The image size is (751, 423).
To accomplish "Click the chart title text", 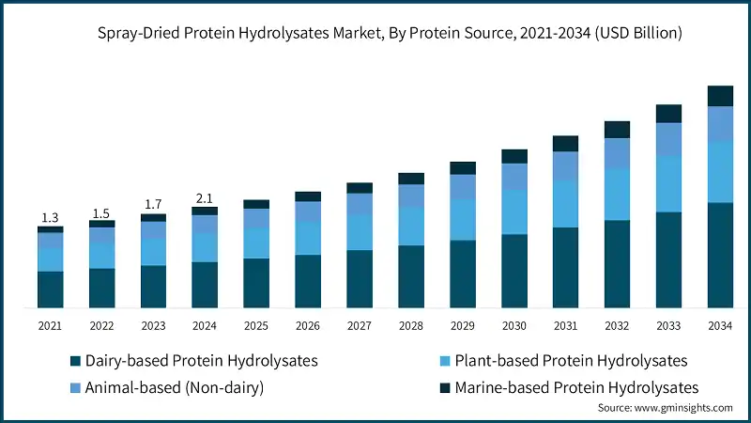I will [x=375, y=33].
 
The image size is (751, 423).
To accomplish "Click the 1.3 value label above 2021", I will [x=50, y=217].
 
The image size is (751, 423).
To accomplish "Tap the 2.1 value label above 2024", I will [x=205, y=197].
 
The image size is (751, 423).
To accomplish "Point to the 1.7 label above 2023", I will [x=153, y=204].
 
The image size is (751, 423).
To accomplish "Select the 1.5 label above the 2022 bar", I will [x=101, y=212].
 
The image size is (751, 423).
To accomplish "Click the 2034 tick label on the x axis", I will [x=720, y=325].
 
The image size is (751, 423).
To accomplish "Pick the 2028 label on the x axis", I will [x=411, y=325].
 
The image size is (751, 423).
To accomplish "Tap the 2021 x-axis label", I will [x=50, y=325].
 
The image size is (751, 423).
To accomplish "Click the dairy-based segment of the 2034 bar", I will [x=720, y=255].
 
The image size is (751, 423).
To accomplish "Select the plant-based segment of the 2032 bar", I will [x=617, y=195].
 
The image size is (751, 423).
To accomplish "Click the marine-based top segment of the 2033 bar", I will [x=668, y=114].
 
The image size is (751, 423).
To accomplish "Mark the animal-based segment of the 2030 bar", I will [x=513, y=177].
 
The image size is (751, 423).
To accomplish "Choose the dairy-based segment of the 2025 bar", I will [x=256, y=282].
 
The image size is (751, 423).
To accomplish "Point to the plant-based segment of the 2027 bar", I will [x=360, y=231].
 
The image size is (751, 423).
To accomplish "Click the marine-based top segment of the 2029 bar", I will [x=463, y=168].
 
